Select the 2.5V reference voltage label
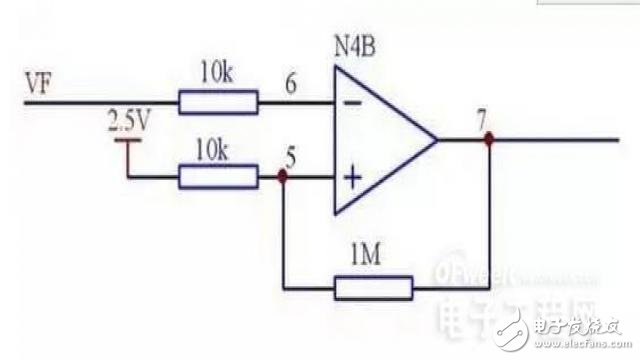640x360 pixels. pos(127,125)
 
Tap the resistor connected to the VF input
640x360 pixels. pos(218,101)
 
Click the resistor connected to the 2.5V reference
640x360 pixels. pos(218,178)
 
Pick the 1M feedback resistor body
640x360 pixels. pos(374,289)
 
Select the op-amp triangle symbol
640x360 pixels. pos(380,140)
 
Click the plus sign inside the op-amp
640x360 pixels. pos(352,179)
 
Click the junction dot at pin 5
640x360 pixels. pos(284,178)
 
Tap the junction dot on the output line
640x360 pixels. pos(489,141)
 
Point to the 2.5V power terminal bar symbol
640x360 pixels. pos(127,142)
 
